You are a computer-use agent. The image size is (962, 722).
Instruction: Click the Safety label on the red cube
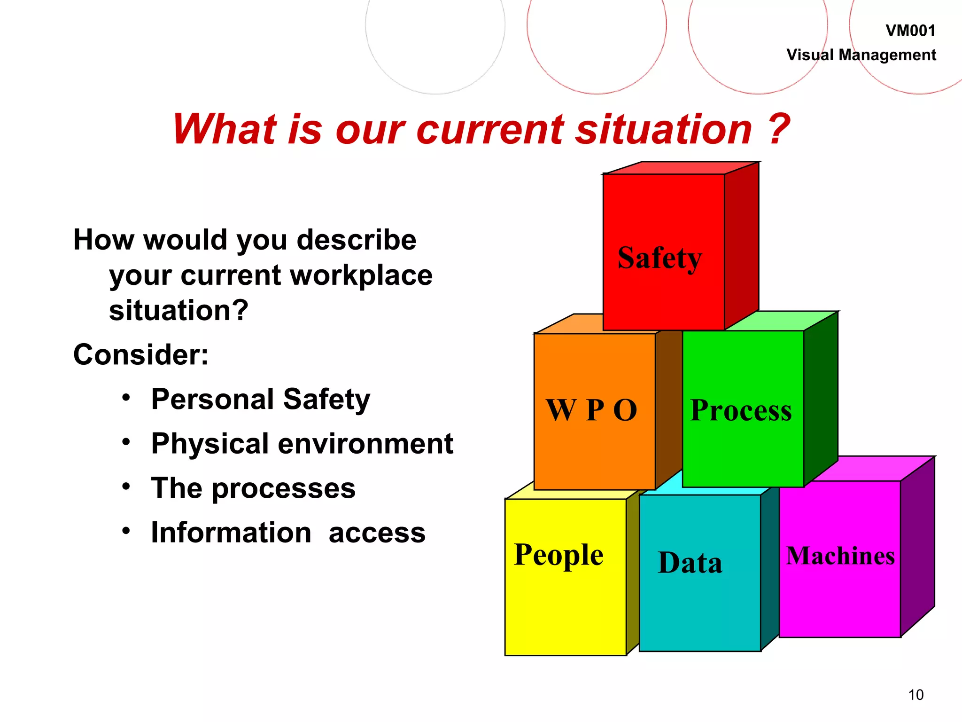pos(659,258)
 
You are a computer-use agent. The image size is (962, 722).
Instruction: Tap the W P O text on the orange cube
pos(591,410)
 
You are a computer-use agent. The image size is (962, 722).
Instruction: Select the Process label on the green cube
pos(741,410)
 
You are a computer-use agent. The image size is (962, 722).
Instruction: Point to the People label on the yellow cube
pos(559,555)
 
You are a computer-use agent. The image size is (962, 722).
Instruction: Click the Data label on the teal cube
pos(690,563)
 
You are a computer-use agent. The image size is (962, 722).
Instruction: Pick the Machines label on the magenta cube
pos(840,556)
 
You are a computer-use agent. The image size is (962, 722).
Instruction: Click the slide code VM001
pos(910,31)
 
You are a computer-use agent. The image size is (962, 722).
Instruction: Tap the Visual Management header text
pos(861,55)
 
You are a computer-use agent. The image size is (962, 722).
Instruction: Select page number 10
pos(915,695)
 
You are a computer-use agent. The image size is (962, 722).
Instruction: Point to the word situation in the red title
pos(664,129)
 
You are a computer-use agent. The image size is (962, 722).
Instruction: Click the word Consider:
pos(140,354)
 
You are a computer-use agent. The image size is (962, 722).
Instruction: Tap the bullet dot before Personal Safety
pos(126,398)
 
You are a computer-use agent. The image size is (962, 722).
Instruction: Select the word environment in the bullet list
pos(365,444)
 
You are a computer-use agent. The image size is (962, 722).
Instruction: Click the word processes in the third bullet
pos(284,488)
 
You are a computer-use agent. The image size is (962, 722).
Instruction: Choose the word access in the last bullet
pos(377,533)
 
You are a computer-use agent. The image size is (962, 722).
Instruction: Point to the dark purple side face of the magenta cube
pos(917,548)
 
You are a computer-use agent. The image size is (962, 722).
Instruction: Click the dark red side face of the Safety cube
pos(741,244)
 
